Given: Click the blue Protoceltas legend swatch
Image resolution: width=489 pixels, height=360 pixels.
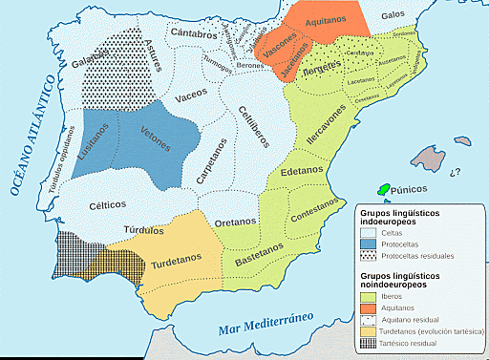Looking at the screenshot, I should click(x=367, y=244).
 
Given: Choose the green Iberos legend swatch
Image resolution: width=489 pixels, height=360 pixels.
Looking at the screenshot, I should click(x=367, y=296).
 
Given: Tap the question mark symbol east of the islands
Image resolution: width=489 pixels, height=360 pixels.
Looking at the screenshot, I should click(x=455, y=172).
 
